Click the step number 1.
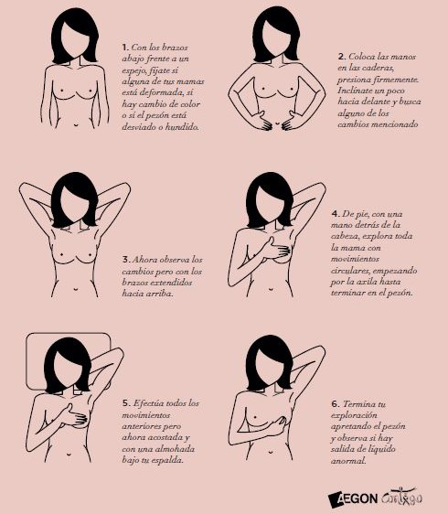pyautogui.click(x=125, y=48)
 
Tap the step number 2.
pyautogui.click(x=342, y=57)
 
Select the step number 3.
pyautogui.click(x=126, y=260)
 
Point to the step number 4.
pyautogui.click(x=336, y=214)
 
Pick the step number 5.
pyautogui.click(x=126, y=403)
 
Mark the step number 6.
pyautogui.click(x=336, y=404)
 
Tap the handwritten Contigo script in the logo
pyautogui.click(x=401, y=498)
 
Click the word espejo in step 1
pyautogui.click(x=134, y=70)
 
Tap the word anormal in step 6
pyautogui.click(x=348, y=461)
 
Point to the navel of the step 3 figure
pyautogui.click(x=76, y=289)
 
